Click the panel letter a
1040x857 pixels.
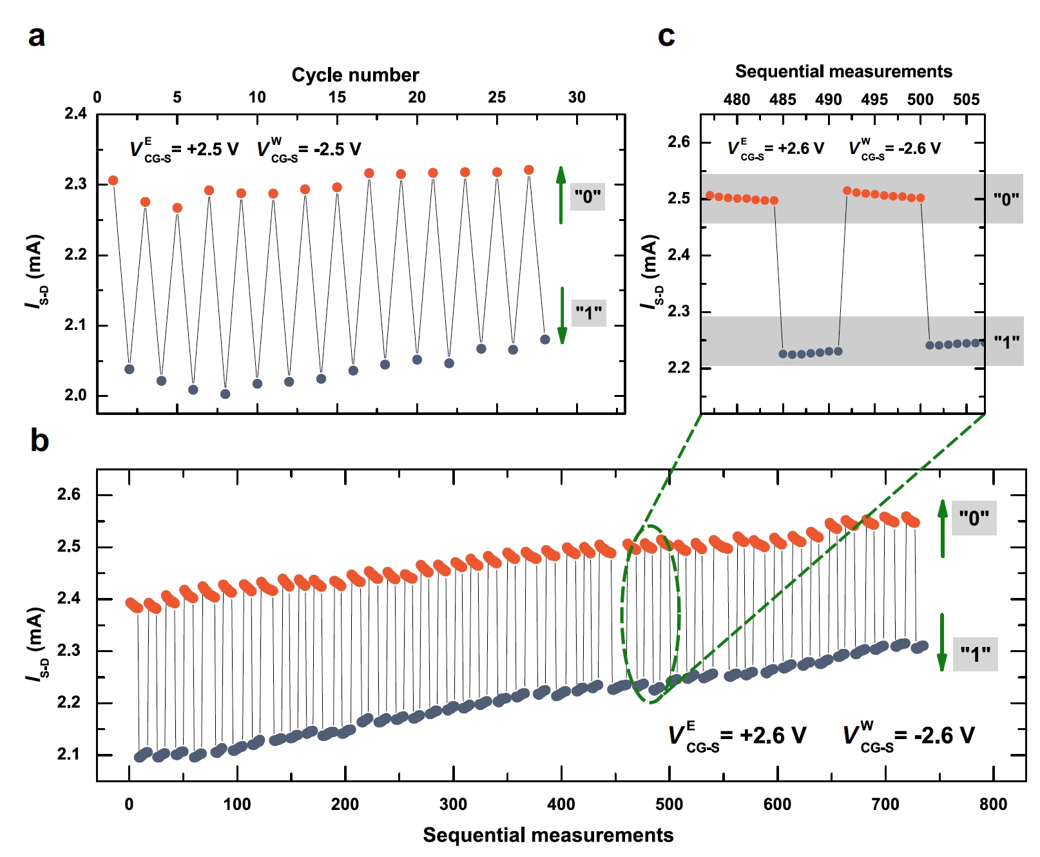click(x=37, y=36)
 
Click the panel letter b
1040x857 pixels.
click(x=39, y=441)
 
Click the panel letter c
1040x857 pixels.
click(x=666, y=36)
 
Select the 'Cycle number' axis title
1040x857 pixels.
click(x=355, y=75)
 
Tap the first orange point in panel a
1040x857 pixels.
click(x=113, y=180)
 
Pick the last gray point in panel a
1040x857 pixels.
click(x=545, y=340)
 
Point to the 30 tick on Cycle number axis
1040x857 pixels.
click(x=577, y=97)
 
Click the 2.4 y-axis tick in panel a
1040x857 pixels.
click(x=75, y=114)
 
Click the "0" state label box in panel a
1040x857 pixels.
click(x=588, y=196)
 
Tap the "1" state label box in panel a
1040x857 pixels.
click(x=588, y=313)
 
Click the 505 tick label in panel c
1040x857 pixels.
click(x=966, y=99)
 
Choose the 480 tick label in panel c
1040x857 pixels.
click(x=737, y=99)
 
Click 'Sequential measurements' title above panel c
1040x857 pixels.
click(x=843, y=72)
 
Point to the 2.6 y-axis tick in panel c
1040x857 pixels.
click(x=679, y=142)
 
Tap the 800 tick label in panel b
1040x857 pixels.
click(x=993, y=804)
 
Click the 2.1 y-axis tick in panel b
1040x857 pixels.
click(x=69, y=754)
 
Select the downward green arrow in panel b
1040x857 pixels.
click(x=942, y=642)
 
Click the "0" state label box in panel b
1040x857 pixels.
click(x=974, y=518)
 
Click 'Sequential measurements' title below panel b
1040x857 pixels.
click(x=548, y=835)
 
